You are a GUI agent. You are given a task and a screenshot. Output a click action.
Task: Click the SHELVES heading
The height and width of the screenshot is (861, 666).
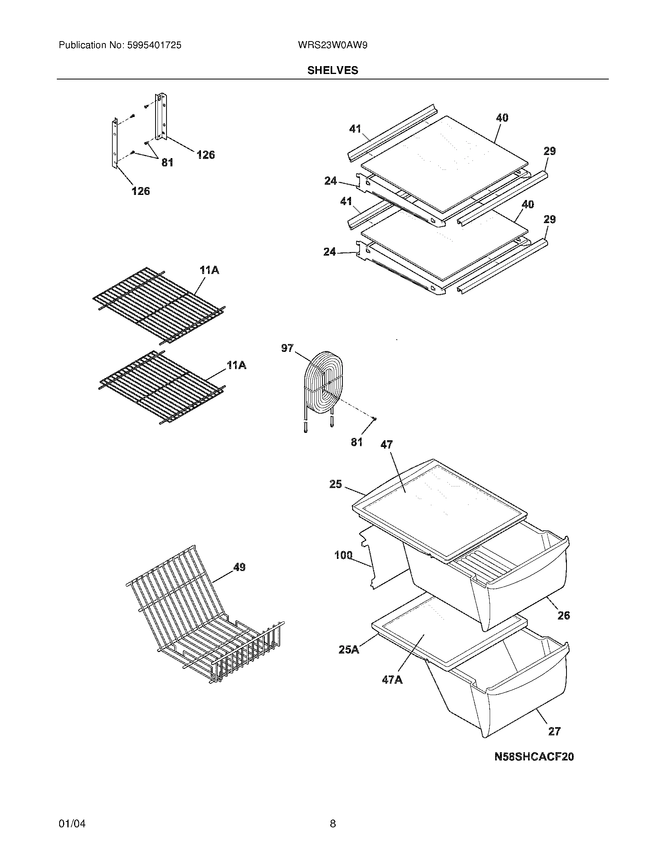[333, 70]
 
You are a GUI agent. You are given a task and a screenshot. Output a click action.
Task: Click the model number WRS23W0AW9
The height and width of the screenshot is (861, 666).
[333, 45]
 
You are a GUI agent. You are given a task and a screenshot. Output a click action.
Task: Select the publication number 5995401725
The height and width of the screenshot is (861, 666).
[154, 45]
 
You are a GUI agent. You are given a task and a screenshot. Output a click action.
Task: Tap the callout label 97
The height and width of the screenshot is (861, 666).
[287, 348]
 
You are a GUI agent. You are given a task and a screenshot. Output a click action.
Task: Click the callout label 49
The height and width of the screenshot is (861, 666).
[239, 567]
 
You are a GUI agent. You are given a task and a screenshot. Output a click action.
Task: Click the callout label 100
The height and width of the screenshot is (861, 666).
[343, 555]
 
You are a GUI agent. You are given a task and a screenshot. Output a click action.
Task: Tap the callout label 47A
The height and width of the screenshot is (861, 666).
[392, 680]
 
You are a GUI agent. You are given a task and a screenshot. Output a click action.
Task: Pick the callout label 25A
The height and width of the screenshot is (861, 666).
[349, 649]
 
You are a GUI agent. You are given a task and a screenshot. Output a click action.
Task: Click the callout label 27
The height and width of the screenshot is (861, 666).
[554, 731]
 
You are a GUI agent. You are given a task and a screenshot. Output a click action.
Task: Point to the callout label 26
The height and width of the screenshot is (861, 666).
[563, 615]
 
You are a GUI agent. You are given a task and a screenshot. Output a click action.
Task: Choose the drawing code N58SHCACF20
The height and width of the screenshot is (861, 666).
[534, 757]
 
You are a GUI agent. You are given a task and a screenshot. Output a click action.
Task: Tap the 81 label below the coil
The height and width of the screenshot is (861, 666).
[356, 442]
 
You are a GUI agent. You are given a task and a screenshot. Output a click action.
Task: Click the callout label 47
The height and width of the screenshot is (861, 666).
[386, 445]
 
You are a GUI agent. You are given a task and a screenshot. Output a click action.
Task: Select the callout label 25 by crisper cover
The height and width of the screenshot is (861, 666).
[335, 484]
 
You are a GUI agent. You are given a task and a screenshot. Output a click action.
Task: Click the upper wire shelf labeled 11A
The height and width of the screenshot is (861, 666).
[158, 304]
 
